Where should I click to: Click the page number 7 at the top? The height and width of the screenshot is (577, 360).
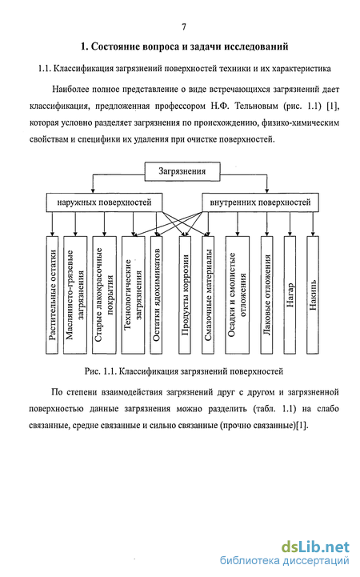coord(184,27)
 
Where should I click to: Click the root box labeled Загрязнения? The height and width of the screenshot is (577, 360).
coord(182,171)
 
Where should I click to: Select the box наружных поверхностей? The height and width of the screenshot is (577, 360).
coord(104,202)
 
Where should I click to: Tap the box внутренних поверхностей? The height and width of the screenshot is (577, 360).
coord(260,202)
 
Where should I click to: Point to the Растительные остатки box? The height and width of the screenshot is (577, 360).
coord(52,295)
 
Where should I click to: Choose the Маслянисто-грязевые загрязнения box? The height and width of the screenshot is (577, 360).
coord(75,295)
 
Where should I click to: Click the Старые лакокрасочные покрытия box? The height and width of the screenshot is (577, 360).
coord(105,295)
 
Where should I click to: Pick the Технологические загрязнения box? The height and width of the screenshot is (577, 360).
coord(133,295)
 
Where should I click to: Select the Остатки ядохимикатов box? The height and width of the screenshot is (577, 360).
coord(156,295)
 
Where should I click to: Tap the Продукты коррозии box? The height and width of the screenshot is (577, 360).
coord(185,295)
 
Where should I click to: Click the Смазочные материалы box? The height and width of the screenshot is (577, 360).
coord(208,295)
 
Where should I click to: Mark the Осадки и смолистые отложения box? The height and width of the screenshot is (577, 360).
coord(237,295)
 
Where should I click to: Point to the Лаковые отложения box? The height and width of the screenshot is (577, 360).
coord(267,295)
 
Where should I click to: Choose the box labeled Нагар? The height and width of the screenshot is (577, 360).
coord(290,295)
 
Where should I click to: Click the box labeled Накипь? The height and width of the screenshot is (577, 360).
coord(313,295)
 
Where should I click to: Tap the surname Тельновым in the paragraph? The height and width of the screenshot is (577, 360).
coord(256,106)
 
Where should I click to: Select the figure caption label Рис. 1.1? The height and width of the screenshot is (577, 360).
coord(100,371)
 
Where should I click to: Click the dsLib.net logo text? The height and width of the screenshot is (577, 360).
coord(315,547)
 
